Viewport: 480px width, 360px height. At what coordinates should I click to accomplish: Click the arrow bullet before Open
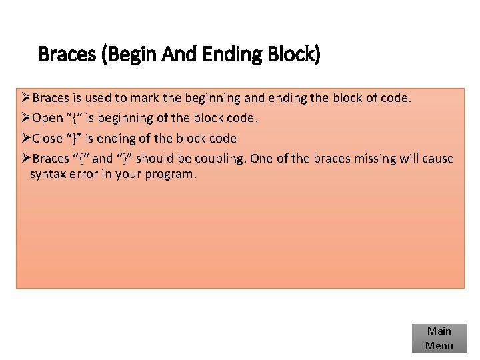[x=27, y=119]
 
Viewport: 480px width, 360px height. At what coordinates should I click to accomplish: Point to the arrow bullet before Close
[x=27, y=139]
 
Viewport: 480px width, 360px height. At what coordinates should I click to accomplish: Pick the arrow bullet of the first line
[x=27, y=99]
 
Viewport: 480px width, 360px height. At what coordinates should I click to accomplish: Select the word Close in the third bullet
[x=47, y=139]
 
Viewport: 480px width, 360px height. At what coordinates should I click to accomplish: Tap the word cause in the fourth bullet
[x=437, y=159]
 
